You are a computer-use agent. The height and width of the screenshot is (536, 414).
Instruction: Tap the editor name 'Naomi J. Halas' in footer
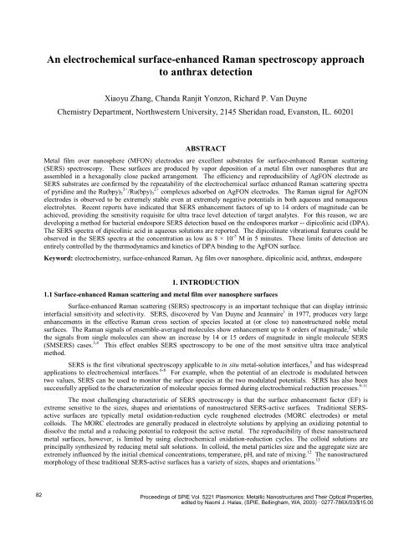click(231, 516)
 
